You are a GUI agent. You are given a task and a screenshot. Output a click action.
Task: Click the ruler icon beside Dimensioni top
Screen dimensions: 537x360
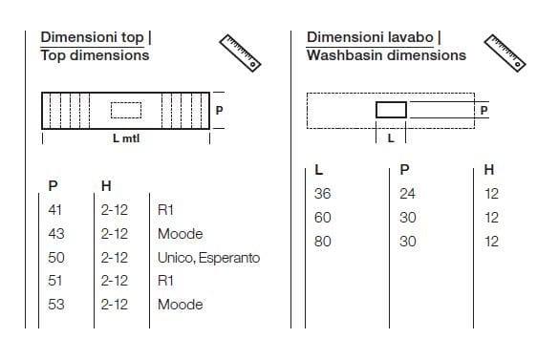[240, 53]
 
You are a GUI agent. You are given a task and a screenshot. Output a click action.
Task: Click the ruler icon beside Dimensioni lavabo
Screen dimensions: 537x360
[505, 53]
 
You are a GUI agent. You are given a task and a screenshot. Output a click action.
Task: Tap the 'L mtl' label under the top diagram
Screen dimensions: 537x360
[126, 138]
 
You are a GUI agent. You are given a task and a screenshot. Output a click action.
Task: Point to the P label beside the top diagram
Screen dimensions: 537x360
[219, 110]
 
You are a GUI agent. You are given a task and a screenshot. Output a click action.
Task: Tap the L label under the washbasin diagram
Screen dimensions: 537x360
[391, 138]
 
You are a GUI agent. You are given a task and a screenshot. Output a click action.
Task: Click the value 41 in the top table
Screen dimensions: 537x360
[54, 210]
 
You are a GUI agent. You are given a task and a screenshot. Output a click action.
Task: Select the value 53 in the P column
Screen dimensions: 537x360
[56, 305]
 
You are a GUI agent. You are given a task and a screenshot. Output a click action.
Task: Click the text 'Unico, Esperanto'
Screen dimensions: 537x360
[208, 258]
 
